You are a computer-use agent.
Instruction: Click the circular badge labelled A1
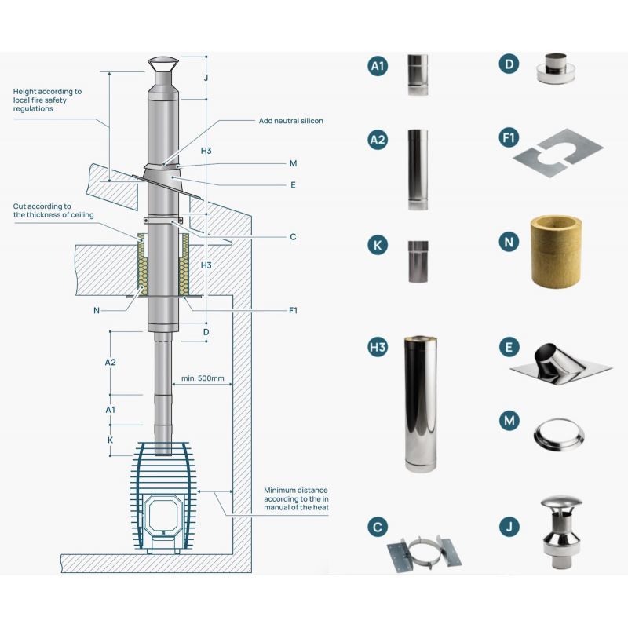(378, 66)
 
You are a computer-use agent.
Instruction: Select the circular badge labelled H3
(378, 347)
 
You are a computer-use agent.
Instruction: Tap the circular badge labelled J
(510, 527)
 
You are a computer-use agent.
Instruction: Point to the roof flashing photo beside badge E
(559, 364)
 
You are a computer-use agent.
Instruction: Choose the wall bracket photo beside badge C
(425, 550)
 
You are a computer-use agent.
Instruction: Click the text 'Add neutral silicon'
(290, 121)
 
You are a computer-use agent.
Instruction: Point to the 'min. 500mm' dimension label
(203, 378)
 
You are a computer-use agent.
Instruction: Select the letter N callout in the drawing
(96, 311)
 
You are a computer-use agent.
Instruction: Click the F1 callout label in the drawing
(293, 311)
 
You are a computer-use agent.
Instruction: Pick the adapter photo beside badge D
(556, 69)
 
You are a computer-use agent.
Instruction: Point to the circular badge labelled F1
(510, 139)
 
